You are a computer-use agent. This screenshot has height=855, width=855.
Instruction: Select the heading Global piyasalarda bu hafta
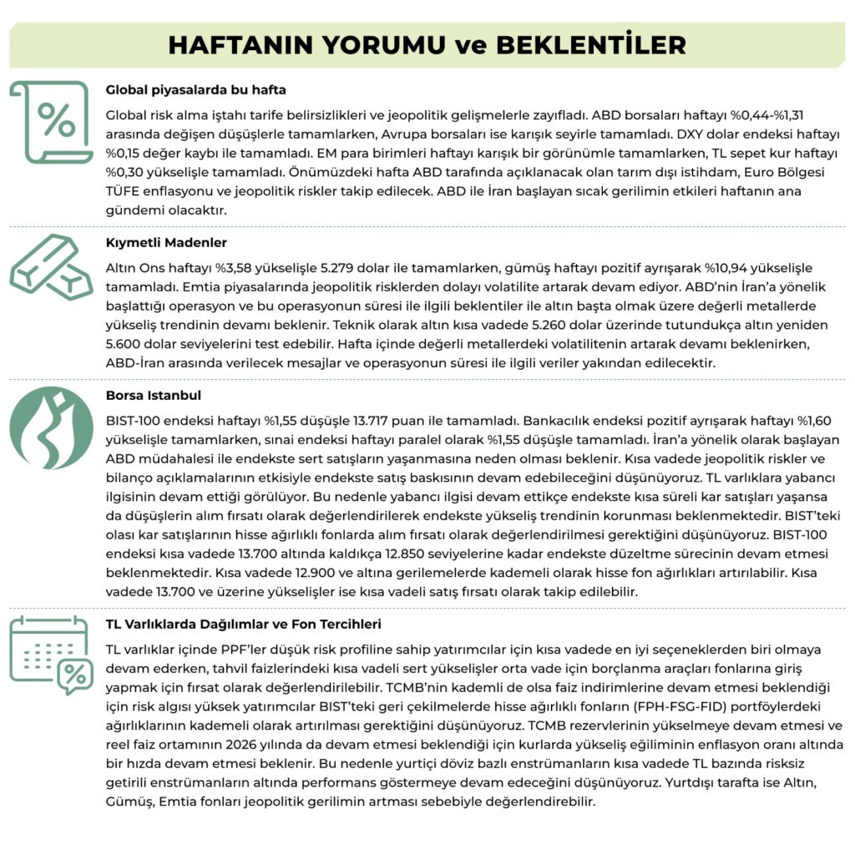(x=196, y=89)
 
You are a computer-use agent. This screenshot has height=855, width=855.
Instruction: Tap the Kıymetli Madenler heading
(x=166, y=243)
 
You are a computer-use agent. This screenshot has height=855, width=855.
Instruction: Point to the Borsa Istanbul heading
(x=154, y=395)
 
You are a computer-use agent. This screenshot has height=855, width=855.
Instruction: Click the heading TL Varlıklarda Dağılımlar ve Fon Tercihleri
(x=244, y=624)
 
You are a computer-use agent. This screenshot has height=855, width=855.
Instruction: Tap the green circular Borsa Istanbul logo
(x=51, y=427)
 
